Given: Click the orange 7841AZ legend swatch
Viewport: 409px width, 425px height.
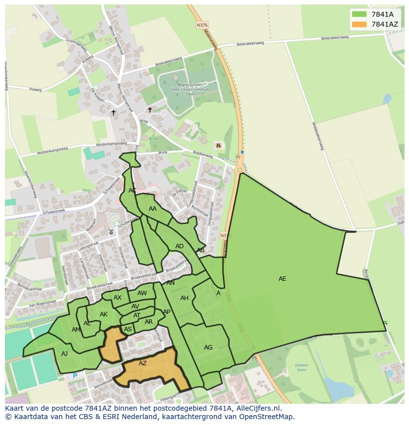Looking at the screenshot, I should tap(360, 24).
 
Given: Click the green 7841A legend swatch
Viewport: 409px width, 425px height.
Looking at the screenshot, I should tap(360, 14).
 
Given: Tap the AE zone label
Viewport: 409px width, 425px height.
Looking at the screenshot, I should tap(282, 279).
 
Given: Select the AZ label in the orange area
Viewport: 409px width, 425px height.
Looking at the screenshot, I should tap(143, 363).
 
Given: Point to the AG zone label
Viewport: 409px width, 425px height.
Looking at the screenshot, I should tap(208, 348).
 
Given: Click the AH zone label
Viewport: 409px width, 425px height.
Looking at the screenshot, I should tap(184, 298).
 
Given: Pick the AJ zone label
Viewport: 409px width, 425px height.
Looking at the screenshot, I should tap(64, 354).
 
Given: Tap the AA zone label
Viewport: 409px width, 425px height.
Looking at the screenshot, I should tap(153, 209).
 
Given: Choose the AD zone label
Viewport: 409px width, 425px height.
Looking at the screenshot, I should tap(179, 246).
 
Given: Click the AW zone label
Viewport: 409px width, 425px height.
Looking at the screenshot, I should tap(142, 293).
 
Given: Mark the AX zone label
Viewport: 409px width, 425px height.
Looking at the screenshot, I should tap(118, 298).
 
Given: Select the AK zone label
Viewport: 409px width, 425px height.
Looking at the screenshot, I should tap(104, 314).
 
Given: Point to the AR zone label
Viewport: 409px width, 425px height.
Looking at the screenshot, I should tap(149, 322).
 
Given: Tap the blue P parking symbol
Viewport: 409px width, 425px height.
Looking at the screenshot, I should tap(75, 376).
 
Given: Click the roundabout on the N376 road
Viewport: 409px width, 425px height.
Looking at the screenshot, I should tap(240, 170).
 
